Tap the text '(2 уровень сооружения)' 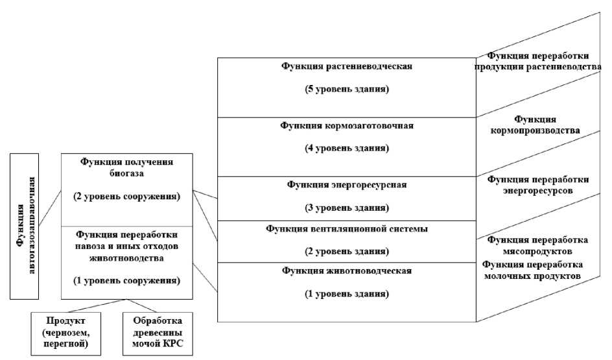pyautogui.click(x=127, y=195)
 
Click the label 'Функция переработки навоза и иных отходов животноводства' pyautogui.click(x=127, y=246)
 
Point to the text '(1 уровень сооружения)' pyautogui.click(x=127, y=281)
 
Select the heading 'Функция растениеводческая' pyautogui.click(x=347, y=66)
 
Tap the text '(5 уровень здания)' pyautogui.click(x=347, y=89)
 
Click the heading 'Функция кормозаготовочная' pyautogui.click(x=347, y=125)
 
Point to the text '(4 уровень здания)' pyautogui.click(x=347, y=149)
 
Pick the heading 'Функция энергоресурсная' pyautogui.click(x=347, y=185)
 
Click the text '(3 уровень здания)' pyautogui.click(x=347, y=208)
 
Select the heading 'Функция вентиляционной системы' pyautogui.click(x=347, y=228)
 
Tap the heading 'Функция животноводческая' pyautogui.click(x=347, y=270)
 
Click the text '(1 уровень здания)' pyautogui.click(x=347, y=294)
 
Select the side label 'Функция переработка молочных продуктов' pyautogui.click(x=533, y=270)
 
